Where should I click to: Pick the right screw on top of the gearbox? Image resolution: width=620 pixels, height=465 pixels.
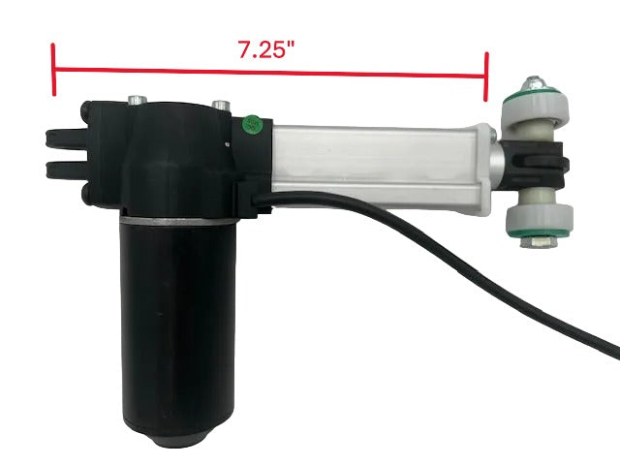(223, 104)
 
